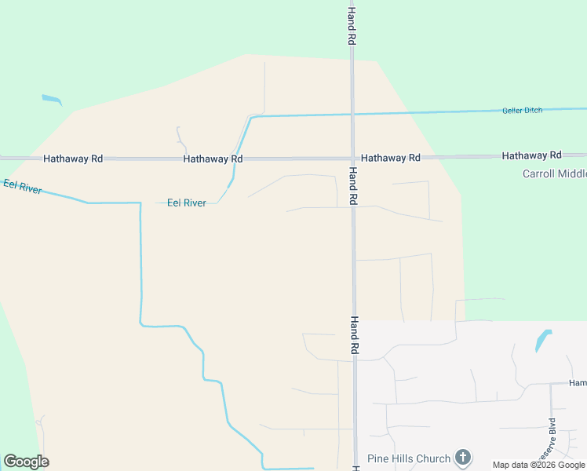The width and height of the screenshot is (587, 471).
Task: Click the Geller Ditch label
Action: tap(522, 111)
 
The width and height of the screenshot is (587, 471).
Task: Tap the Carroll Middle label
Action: tap(554, 173)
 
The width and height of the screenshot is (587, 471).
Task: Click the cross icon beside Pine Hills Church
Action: tap(463, 457)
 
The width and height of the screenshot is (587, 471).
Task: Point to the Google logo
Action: tap(26, 461)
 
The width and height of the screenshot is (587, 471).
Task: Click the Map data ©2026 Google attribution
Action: tap(538, 465)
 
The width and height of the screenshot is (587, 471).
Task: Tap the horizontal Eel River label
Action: tap(187, 203)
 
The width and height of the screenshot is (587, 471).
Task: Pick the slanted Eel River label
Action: tap(22, 186)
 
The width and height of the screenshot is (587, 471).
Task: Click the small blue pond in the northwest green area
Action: tap(52, 100)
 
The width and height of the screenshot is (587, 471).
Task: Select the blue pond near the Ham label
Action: tap(542, 340)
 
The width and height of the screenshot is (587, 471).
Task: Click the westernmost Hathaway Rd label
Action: tap(73, 159)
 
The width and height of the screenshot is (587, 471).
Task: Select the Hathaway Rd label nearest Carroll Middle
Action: tap(531, 155)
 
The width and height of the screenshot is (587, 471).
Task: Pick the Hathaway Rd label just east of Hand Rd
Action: tap(390, 158)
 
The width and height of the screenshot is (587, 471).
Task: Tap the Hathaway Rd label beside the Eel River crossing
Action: tap(213, 159)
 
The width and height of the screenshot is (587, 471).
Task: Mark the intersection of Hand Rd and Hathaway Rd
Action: tap(352, 158)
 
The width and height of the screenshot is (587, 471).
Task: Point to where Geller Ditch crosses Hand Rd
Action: tap(352, 115)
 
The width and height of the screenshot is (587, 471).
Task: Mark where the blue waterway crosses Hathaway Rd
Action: tap(237, 158)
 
